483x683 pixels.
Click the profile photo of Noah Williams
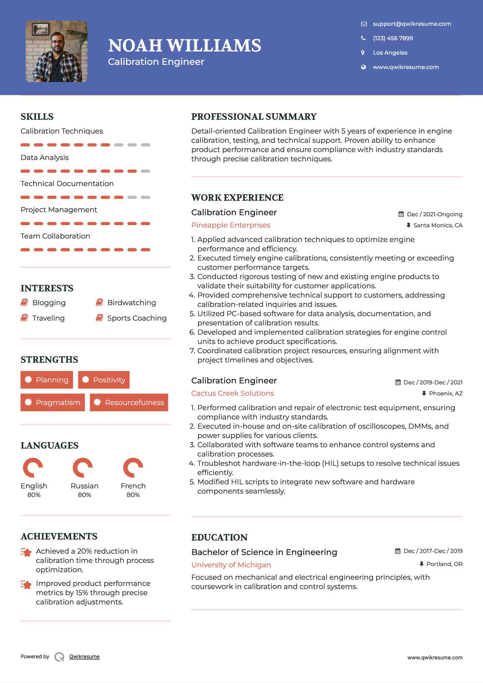[57, 51]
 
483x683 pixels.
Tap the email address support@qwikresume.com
[412, 24]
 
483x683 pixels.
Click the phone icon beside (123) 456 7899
[363, 38]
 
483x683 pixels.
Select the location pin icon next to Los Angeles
[363, 53]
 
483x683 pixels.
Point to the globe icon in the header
[363, 67]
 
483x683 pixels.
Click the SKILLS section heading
[37, 117]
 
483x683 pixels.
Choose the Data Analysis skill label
[45, 158]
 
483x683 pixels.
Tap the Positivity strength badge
[104, 380]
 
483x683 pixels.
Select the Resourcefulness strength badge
[129, 402]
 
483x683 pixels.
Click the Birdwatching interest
[131, 303]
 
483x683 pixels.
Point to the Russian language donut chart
[83, 467]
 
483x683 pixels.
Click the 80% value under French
[133, 495]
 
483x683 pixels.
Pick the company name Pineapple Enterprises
[231, 225]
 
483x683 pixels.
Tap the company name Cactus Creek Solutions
[232, 393]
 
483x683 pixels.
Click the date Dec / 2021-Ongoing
[434, 214]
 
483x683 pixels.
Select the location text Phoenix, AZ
[446, 393]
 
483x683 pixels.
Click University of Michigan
[231, 565]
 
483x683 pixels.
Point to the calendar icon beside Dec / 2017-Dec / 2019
[398, 551]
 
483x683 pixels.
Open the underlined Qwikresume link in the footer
[84, 657]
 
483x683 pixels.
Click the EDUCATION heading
[219, 537]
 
